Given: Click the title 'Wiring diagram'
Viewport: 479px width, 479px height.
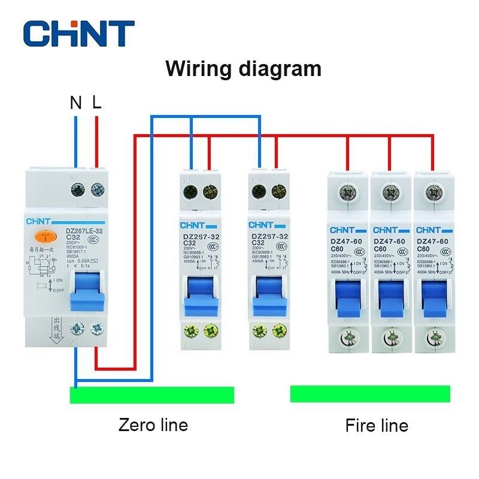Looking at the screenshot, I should click(243, 68).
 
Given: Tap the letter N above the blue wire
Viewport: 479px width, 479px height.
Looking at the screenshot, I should click(75, 102).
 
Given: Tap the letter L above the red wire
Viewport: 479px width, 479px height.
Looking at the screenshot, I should click(97, 102).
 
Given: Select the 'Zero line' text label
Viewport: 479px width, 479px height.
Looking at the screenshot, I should click(153, 425).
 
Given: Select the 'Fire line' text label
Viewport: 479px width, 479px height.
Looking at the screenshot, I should click(377, 426).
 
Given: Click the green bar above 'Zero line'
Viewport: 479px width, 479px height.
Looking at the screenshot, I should click(152, 395).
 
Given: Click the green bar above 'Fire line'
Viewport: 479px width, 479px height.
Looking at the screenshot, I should click(370, 394).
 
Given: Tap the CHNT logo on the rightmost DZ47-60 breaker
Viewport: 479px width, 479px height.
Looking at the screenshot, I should click(428, 230).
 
